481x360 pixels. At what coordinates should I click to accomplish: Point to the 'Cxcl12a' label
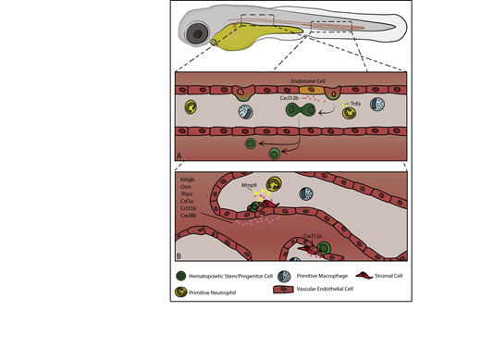[314, 237]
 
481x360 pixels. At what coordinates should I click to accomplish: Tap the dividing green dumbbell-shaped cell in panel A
[303, 112]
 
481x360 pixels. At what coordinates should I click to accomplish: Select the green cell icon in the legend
[181, 274]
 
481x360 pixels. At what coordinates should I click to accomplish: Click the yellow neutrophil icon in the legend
[181, 292]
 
